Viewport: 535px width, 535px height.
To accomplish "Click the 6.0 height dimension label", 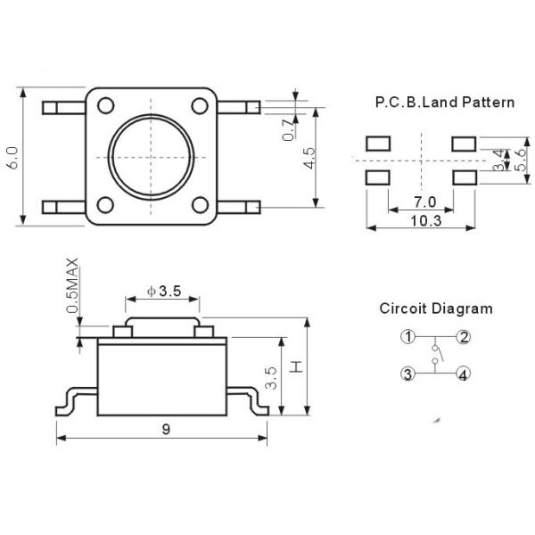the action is (x=13, y=158).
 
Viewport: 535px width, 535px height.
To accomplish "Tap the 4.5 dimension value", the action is (x=309, y=158).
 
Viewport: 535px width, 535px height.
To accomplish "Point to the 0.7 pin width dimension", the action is (x=288, y=130).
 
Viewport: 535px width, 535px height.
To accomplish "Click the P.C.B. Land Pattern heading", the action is (x=445, y=102).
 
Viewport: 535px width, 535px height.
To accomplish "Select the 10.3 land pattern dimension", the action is (x=426, y=221).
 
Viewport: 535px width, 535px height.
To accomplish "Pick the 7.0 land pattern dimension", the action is (x=424, y=202).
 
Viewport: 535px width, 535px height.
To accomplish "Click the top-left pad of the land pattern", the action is (x=378, y=144).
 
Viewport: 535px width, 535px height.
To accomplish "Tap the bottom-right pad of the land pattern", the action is (x=465, y=177).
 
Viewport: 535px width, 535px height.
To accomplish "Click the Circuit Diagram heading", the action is (x=436, y=309).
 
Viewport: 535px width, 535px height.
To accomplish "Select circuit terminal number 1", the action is (x=407, y=337).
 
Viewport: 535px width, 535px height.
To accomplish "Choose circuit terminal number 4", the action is (x=463, y=374).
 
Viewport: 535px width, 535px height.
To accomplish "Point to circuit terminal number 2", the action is (x=464, y=337).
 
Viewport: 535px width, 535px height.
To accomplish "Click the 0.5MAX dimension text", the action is (x=72, y=285).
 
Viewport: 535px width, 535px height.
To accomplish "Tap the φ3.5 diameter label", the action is (x=164, y=291).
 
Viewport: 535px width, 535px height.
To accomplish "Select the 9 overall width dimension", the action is (x=166, y=429).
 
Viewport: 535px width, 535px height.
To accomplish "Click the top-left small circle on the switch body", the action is (x=105, y=105).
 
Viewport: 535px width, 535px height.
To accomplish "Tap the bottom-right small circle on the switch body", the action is (x=200, y=205).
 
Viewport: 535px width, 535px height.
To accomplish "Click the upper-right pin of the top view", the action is (x=238, y=107).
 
